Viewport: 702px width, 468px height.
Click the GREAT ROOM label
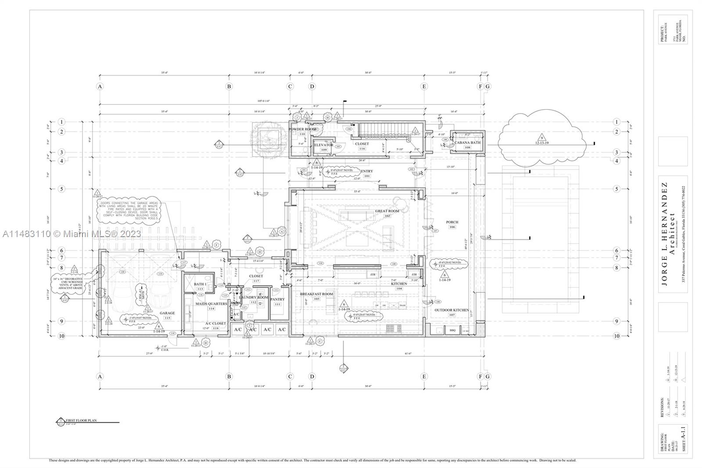pos(387,211)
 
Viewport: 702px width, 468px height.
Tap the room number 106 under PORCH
pos(452,227)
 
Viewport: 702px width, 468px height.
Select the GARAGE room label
pos(167,313)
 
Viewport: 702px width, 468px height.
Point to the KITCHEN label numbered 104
pos(399,284)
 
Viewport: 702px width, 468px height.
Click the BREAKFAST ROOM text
pos(316,294)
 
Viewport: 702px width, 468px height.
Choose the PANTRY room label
pos(277,299)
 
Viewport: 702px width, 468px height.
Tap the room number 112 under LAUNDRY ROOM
pos(253,302)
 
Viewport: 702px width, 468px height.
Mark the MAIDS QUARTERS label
pos(211,303)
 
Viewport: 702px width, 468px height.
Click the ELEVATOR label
pos(324,145)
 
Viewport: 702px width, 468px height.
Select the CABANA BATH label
pos(467,142)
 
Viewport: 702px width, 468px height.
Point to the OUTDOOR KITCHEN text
pos(451,310)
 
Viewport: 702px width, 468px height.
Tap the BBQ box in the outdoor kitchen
pos(453,330)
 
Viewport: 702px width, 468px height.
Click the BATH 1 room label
pos(200,284)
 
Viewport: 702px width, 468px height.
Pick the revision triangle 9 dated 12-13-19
pos(542,138)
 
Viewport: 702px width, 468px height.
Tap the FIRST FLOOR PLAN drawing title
pos(81,420)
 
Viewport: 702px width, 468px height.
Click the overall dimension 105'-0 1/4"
pos(263,101)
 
